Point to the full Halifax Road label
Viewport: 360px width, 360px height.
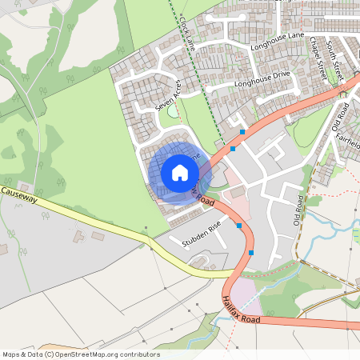242,308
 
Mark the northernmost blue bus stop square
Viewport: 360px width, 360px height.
242,131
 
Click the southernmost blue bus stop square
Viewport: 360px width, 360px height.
251,253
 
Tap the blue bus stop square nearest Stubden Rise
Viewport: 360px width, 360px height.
239,226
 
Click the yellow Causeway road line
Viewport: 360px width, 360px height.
120,232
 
